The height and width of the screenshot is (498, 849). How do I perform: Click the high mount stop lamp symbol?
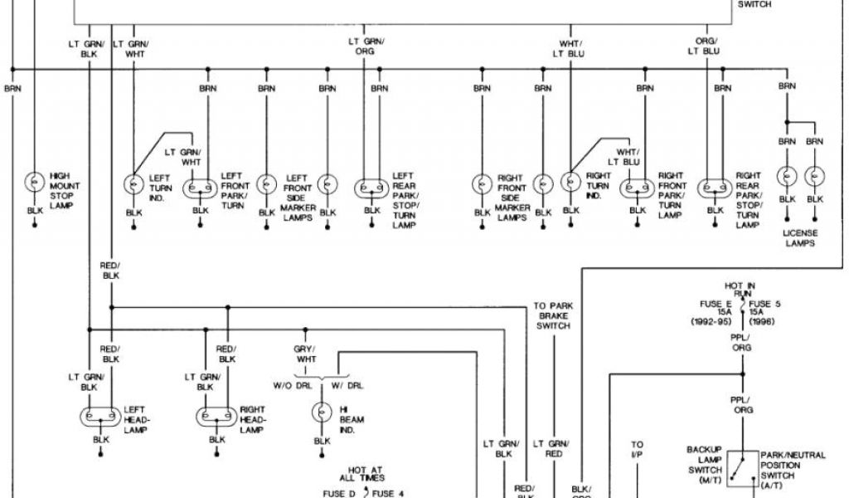point(35,183)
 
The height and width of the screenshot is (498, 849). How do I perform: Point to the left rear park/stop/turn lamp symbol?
point(371,188)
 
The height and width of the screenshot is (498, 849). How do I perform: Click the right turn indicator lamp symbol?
point(570,182)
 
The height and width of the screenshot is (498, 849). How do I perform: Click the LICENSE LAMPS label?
point(800,238)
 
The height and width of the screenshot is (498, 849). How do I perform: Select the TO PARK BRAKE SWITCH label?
point(553,316)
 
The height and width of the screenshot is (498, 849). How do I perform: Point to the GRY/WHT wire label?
point(306,354)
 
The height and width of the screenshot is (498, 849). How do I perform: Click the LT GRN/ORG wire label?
point(364,46)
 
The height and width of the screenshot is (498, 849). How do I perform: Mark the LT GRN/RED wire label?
point(553,449)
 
